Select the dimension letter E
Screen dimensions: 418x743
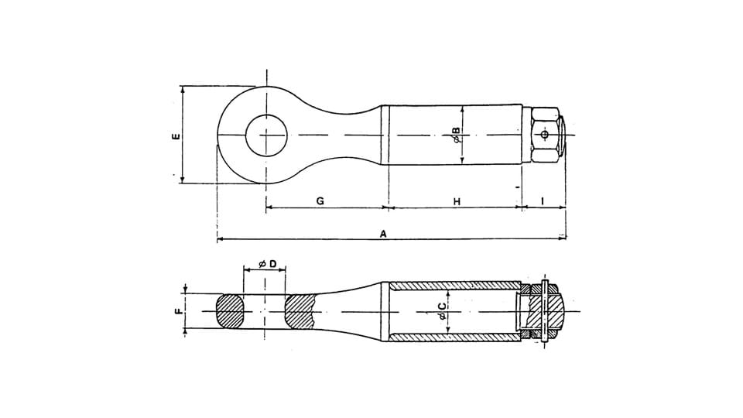pyautogui.click(x=176, y=136)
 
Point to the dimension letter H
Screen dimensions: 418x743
pyautogui.click(x=457, y=200)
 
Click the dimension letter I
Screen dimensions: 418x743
pyautogui.click(x=543, y=200)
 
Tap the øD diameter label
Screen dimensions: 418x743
pyautogui.click(x=267, y=264)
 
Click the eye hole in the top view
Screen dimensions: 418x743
pyautogui.click(x=266, y=135)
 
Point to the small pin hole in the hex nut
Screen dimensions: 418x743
pyautogui.click(x=545, y=135)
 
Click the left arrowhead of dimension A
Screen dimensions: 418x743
pyautogui.click(x=220, y=240)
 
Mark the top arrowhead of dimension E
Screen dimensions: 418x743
pyautogui.click(x=183, y=88)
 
